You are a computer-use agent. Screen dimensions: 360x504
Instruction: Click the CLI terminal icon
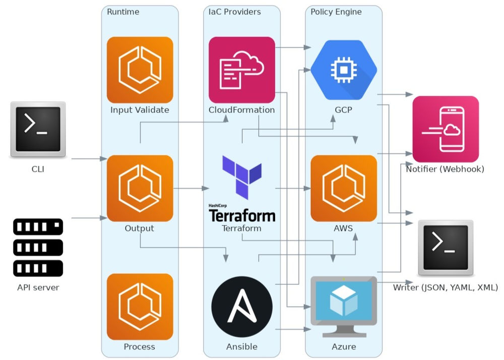[x=38, y=129]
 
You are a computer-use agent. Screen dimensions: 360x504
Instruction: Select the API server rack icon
[x=38, y=248]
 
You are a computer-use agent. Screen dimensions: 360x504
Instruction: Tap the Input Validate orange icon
[x=140, y=70]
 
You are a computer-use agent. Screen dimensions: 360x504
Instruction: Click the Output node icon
[x=140, y=188]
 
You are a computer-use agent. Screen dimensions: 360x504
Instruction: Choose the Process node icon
[x=140, y=307]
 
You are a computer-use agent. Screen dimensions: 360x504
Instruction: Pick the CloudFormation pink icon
[x=242, y=70]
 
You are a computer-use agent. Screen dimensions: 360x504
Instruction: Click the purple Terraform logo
[x=242, y=176]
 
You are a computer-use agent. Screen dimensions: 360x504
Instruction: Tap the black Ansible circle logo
[x=242, y=307]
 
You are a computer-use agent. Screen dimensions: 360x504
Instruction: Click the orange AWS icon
[x=344, y=188]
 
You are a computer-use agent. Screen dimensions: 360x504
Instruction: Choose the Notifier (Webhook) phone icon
[x=446, y=129]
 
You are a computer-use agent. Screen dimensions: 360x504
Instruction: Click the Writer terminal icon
[x=446, y=248]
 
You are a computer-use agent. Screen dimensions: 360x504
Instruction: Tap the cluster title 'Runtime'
[x=123, y=12]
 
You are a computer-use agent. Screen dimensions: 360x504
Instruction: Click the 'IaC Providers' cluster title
[x=235, y=12]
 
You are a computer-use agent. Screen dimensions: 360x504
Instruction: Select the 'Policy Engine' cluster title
[x=336, y=12]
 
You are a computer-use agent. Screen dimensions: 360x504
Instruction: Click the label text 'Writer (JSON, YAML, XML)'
[x=446, y=288]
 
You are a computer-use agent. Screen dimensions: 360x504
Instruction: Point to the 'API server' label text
[x=38, y=288]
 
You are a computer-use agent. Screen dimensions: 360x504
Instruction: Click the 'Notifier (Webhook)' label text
[x=445, y=169]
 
